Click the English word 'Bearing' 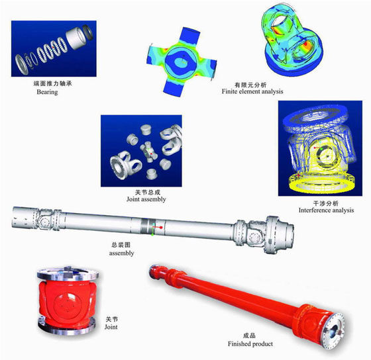(x=47, y=92)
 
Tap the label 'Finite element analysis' (x=252, y=91)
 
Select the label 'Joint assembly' (x=146, y=199)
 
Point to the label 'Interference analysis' (x=326, y=210)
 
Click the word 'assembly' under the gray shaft (x=121, y=253)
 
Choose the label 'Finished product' (x=250, y=343)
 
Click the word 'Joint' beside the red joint (x=111, y=327)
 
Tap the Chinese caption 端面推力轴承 (x=52, y=83)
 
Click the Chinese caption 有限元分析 (x=250, y=85)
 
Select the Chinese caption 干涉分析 (x=325, y=203)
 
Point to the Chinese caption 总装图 (x=121, y=245)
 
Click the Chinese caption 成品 (x=249, y=336)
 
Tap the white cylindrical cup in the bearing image (x=76, y=38)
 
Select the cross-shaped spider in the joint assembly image (x=148, y=152)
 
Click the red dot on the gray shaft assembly (x=161, y=228)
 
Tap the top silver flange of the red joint (x=68, y=274)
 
